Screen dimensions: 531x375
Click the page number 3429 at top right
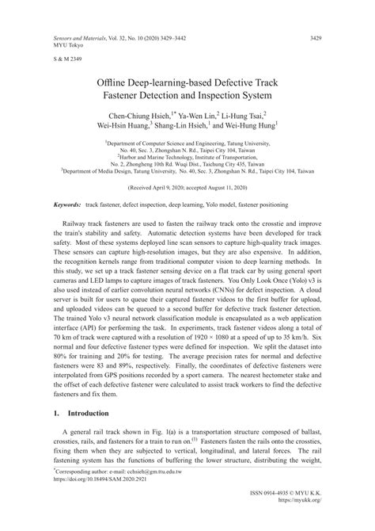(314, 37)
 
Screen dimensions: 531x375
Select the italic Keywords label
(70, 205)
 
